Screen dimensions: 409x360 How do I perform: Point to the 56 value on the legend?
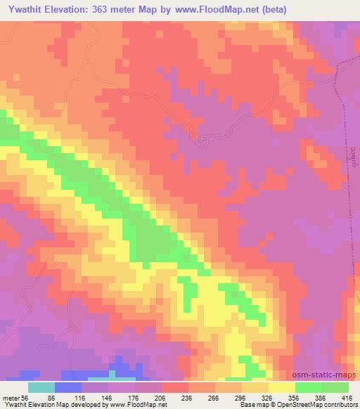pyautogui.click(x=26, y=397)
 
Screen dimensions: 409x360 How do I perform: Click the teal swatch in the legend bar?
pyautogui.click(x=41, y=387)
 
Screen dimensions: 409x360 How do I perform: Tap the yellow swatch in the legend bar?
pyautogui.click(x=281, y=387)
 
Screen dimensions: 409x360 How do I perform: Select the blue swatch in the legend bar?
pyautogui.click(x=68, y=387)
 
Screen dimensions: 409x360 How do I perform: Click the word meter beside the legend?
pyautogui.click(x=11, y=397)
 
